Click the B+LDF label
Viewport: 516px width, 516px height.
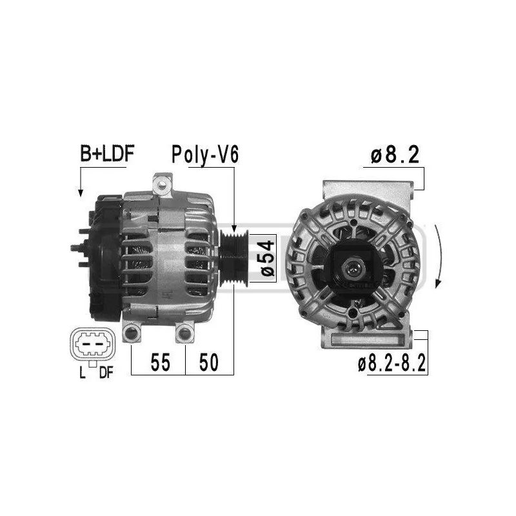[107, 154]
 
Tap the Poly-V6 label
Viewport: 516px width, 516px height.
[204, 154]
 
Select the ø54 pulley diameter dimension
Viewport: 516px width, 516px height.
[268, 259]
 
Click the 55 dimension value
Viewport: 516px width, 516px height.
[160, 362]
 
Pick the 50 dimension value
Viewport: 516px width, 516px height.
[208, 362]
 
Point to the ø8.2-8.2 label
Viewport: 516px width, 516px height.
[392, 362]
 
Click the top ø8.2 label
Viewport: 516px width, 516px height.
[395, 154]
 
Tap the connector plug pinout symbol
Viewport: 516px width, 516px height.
[92, 344]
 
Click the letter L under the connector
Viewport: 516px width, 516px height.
[83, 372]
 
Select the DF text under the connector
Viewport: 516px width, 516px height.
[106, 372]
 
